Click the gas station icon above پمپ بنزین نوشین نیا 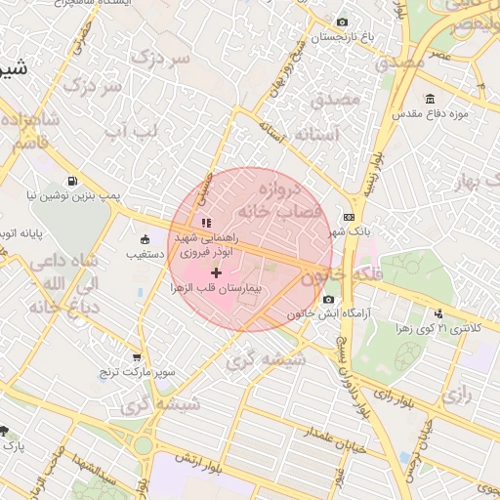72,181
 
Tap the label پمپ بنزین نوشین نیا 73,196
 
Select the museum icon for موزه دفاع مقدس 431,100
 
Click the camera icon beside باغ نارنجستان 341,22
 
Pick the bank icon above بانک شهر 349,218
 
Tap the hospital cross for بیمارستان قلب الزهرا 216,271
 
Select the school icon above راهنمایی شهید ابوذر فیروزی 206,223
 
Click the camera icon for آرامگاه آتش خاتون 328,299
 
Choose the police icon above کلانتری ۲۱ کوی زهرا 438,313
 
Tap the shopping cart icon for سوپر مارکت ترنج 136,357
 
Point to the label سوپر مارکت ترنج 136,373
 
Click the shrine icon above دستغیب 145,238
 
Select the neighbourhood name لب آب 128,130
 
